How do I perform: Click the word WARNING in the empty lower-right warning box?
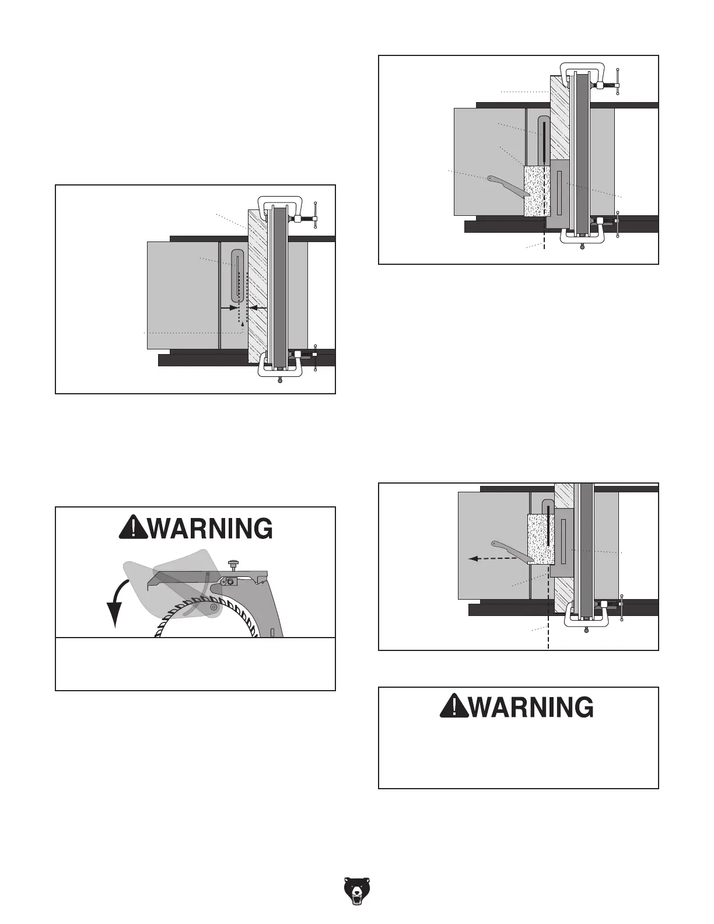(531, 708)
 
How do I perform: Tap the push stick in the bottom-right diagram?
(512, 552)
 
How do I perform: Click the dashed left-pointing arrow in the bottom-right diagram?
(493, 558)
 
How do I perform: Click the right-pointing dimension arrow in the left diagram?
(228, 307)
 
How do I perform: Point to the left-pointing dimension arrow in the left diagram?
(257, 307)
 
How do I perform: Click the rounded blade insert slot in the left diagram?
(237, 276)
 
